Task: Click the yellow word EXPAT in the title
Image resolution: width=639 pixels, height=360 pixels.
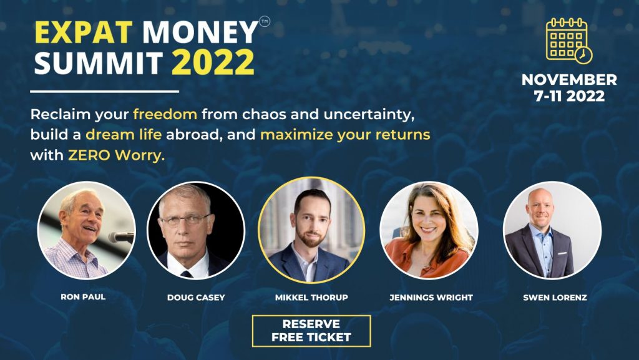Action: pyautogui.click(x=84, y=32)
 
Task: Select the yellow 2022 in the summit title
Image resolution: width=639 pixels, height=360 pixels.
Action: pyautogui.click(x=213, y=62)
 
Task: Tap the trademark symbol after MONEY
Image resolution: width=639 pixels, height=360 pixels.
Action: pyautogui.click(x=265, y=21)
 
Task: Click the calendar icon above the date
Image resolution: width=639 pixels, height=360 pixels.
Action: pyautogui.click(x=569, y=41)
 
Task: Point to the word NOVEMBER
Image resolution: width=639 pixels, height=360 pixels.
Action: pyautogui.click(x=569, y=79)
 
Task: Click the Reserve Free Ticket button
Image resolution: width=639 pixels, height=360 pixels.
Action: pyautogui.click(x=311, y=331)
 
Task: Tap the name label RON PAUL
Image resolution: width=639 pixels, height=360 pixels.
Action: pyautogui.click(x=83, y=297)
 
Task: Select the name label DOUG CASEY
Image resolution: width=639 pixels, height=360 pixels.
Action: pyautogui.click(x=196, y=298)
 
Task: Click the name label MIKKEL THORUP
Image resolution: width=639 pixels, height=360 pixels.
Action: pyautogui.click(x=311, y=298)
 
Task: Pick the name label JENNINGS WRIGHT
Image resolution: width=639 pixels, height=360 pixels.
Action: pyautogui.click(x=431, y=298)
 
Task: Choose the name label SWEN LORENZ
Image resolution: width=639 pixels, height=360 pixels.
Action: pyautogui.click(x=555, y=298)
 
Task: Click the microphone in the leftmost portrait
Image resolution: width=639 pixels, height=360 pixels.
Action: pyautogui.click(x=121, y=236)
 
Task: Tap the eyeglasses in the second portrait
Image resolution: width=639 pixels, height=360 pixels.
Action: pyautogui.click(x=185, y=220)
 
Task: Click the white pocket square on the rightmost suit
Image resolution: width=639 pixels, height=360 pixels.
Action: pyautogui.click(x=563, y=253)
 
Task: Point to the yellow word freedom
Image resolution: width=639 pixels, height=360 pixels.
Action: pyautogui.click(x=165, y=114)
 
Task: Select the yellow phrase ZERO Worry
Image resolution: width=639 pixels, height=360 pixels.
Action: pyautogui.click(x=116, y=155)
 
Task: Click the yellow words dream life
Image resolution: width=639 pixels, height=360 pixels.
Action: pyautogui.click(x=124, y=135)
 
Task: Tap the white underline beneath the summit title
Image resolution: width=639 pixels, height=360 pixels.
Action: pyautogui.click(x=105, y=91)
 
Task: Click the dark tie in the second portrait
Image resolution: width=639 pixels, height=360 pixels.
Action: pyautogui.click(x=186, y=274)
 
